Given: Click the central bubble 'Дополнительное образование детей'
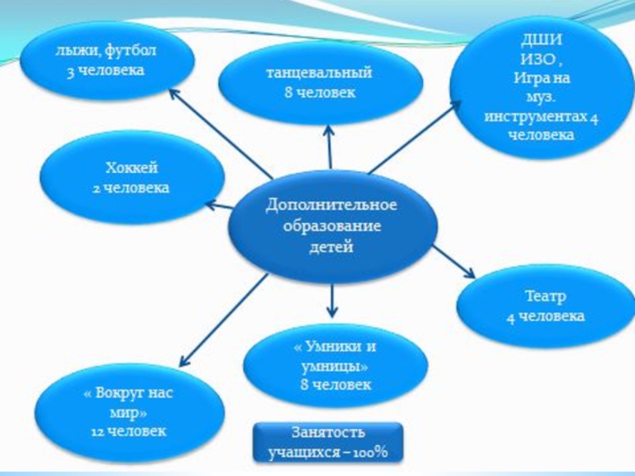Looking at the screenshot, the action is (x=331, y=225).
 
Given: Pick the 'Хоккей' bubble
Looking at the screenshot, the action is (x=132, y=178).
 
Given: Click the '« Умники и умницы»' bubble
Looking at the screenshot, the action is (x=334, y=366).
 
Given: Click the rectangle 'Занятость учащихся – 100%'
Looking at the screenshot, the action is (x=327, y=443).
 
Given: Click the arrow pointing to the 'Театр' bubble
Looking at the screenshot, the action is (x=453, y=259).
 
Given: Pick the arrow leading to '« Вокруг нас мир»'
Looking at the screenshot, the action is (x=222, y=317).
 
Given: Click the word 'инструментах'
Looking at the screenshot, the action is (x=535, y=117).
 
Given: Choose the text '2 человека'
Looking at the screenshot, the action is (x=132, y=188).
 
